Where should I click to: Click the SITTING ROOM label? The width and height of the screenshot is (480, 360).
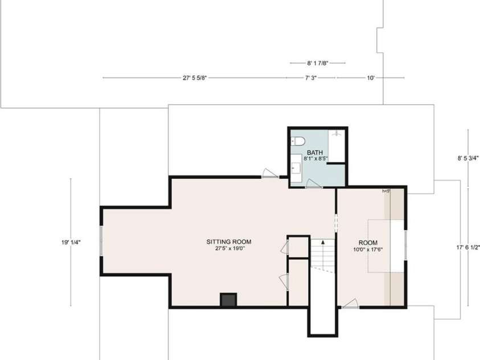tap(228, 242)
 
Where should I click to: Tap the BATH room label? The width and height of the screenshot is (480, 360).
tap(315, 152)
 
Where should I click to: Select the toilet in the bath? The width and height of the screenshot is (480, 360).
tap(298, 141)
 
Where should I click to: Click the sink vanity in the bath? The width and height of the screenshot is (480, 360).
tap(297, 168)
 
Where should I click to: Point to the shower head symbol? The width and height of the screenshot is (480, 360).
tap(338, 134)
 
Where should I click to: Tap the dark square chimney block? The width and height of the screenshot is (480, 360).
tap(228, 300)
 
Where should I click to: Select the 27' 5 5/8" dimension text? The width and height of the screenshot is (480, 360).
tap(194, 77)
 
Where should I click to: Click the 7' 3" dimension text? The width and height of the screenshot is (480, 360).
tap(311, 77)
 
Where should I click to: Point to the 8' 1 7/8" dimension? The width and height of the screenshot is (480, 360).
tap(317, 63)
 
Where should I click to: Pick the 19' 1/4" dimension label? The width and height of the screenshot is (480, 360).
tap(71, 242)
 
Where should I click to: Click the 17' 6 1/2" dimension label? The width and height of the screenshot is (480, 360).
tap(469, 247)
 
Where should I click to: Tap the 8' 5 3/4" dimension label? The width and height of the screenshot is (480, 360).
tap(468, 159)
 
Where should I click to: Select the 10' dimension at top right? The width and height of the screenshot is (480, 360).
tap(371, 77)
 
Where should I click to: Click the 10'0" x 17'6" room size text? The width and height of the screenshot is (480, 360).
tap(368, 249)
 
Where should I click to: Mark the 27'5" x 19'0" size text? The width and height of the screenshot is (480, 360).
tap(228, 249)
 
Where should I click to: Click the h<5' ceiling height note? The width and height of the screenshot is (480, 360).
tap(386, 191)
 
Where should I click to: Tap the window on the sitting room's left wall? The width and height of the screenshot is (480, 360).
tap(101, 242)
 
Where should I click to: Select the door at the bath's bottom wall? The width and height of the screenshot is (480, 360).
tap(314, 183)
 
